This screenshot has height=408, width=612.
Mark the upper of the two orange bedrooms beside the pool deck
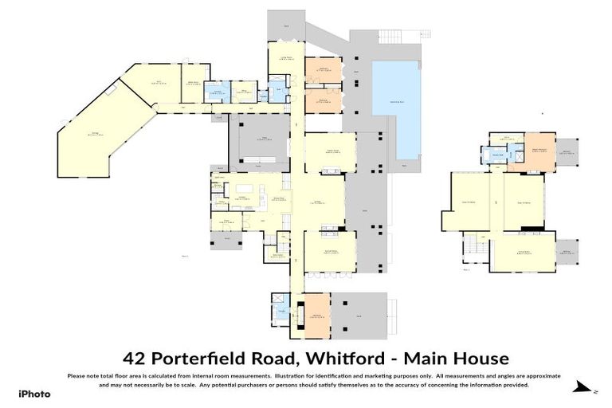[324, 70]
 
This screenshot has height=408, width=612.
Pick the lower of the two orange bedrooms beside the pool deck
[324, 100]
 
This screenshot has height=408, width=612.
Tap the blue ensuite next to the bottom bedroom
[282, 306]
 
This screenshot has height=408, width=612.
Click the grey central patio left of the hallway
[259, 142]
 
